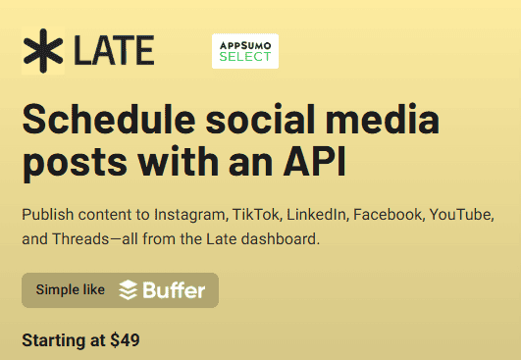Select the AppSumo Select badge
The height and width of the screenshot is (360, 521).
[245, 51]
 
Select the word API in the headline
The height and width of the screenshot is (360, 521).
[315, 163]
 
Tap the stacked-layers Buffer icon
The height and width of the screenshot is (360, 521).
[129, 290]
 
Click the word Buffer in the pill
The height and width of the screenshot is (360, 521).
[174, 290]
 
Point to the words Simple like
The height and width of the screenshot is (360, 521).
[70, 290]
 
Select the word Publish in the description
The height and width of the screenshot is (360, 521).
[47, 214]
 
